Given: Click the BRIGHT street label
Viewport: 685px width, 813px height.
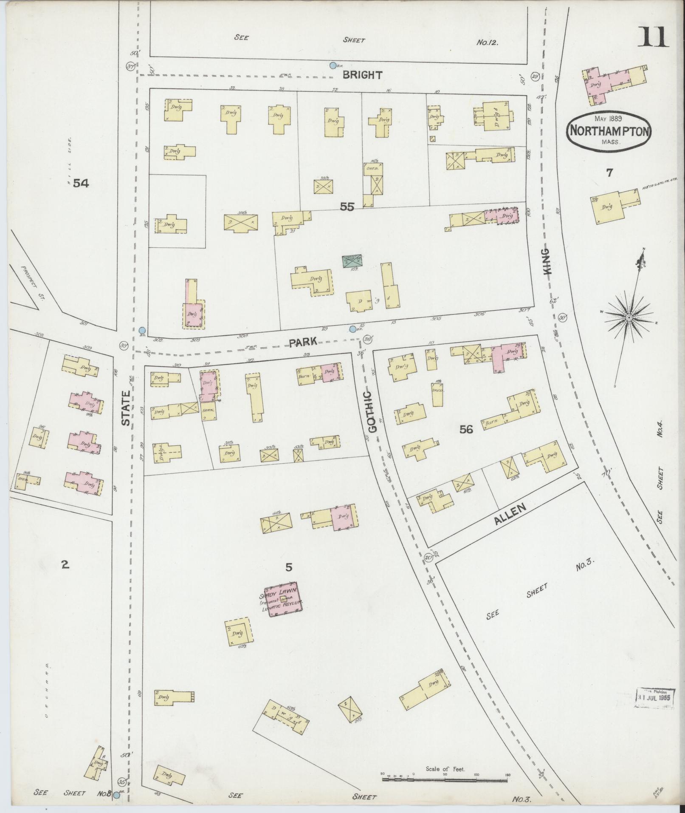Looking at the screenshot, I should click(362, 75).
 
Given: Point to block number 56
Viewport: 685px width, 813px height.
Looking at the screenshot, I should click(466, 430).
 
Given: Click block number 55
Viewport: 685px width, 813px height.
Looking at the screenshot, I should click(347, 207).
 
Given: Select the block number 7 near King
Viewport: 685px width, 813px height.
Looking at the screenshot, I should click(609, 173).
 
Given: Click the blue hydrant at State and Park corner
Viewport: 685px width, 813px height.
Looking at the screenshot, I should click(142, 331).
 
